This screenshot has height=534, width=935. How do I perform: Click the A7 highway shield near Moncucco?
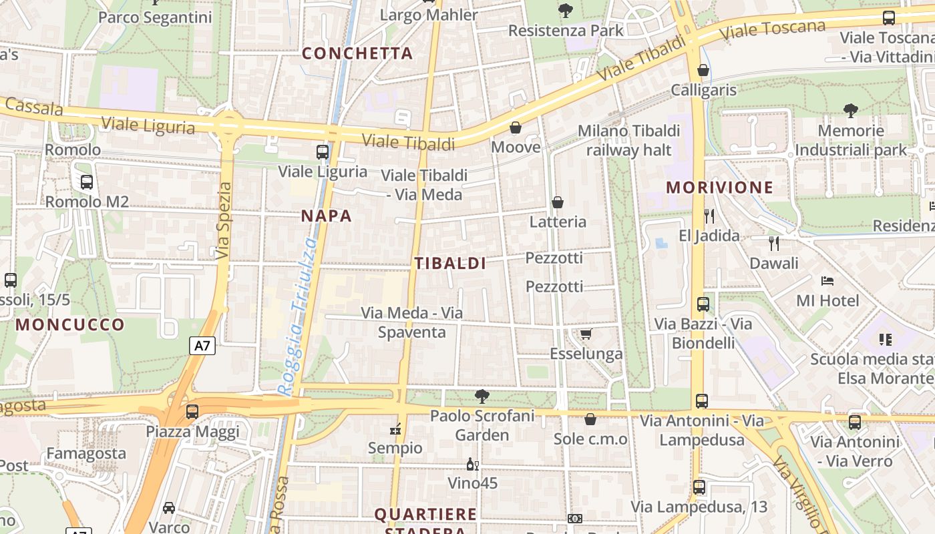[203, 346]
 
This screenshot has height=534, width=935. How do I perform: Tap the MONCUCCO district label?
[70, 325]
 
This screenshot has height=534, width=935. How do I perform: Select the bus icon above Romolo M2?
[87, 182]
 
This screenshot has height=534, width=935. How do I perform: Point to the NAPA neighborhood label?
[326, 216]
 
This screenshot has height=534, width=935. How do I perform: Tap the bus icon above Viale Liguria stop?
[323, 152]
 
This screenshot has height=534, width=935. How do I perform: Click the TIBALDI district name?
[450, 263]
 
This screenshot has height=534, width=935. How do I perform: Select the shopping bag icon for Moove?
[516, 127]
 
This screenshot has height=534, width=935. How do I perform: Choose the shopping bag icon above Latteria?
[558, 202]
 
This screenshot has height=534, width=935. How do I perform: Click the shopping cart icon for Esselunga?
[586, 334]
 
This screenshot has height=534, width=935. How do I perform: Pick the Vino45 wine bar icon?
[472, 465]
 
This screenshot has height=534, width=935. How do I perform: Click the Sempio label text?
[395, 448]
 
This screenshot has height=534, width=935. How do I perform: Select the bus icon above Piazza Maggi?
[192, 412]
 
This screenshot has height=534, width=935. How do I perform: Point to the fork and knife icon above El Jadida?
[709, 216]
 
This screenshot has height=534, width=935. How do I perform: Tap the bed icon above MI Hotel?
[827, 281]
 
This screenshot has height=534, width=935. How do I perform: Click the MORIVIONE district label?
[719, 188]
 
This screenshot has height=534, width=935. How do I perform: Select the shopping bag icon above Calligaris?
[703, 70]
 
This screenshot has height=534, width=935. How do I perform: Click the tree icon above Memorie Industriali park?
[851, 111]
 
